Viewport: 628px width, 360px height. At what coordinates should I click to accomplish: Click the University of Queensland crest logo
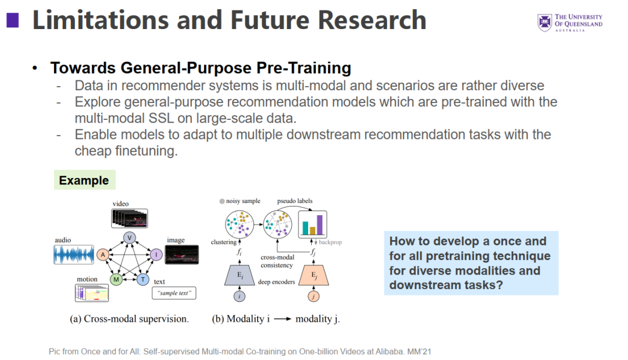coord(545,23)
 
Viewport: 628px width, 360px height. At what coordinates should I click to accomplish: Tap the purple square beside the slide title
coord(13,20)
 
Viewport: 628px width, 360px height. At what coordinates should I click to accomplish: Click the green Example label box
coord(85,180)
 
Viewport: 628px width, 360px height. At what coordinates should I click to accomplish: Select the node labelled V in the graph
coord(129,238)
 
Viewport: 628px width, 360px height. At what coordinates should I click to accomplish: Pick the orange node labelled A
coord(103,254)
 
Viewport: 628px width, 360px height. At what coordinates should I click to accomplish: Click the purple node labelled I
coord(156,254)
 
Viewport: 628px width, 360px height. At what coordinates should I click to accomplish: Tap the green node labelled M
coord(116,279)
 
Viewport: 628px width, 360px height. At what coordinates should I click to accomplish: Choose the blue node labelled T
coord(143,279)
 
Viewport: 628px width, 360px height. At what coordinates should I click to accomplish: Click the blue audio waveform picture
coord(74,255)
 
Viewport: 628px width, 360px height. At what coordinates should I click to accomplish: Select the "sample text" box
coord(174,293)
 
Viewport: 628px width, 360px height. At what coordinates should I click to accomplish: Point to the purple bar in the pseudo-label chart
coord(320,224)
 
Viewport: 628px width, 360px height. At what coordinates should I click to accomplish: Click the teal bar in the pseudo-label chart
coord(305,227)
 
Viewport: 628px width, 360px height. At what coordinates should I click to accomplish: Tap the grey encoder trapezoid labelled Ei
coord(240,275)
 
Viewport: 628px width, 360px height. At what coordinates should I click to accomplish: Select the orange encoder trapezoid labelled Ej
coord(313,275)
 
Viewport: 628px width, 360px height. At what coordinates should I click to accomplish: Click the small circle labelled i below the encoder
coord(240,297)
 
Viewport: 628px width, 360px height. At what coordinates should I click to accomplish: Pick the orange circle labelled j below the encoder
coord(313,297)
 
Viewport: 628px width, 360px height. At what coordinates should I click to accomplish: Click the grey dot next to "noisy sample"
coord(222,201)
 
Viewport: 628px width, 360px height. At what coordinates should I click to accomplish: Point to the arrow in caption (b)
coord(283,319)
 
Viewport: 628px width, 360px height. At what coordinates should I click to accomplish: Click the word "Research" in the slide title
coord(372,20)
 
